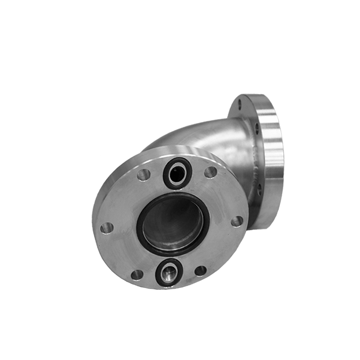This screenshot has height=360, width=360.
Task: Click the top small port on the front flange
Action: (x=175, y=172)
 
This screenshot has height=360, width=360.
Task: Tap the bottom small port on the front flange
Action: (x=169, y=272)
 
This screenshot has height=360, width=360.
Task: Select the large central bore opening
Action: (x=172, y=221)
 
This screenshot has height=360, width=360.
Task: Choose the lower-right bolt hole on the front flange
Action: (x=200, y=270)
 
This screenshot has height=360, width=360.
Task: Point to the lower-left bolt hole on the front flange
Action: (x=136, y=275)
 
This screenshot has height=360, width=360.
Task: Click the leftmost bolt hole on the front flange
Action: (x=106, y=228)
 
